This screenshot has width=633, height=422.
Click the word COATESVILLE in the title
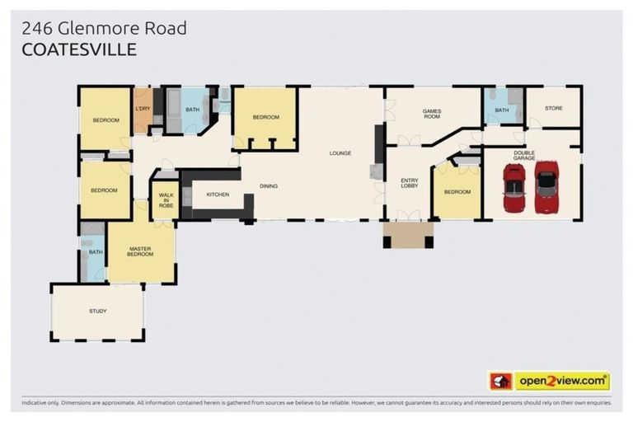[x=79, y=50]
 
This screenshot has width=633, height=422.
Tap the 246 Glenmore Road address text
[x=104, y=28]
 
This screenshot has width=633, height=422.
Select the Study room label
[x=97, y=311]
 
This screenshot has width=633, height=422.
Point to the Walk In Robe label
[x=166, y=199]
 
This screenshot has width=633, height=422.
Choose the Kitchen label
[x=217, y=195]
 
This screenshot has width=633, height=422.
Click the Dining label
[x=269, y=186]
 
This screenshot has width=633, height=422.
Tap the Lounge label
[x=340, y=152]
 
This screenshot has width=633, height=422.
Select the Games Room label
[x=432, y=114]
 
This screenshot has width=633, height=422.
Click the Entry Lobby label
[x=410, y=184]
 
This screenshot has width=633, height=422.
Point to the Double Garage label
[x=524, y=154]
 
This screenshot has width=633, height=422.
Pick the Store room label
[x=553, y=108]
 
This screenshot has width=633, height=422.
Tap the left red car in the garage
[x=513, y=189]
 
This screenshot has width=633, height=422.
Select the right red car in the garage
[x=546, y=187]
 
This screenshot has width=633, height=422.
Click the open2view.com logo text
[x=562, y=381]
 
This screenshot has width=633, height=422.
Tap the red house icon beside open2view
[x=500, y=381]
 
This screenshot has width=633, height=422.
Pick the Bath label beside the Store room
[x=502, y=109]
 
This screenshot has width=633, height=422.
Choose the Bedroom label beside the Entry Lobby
[x=457, y=192]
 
